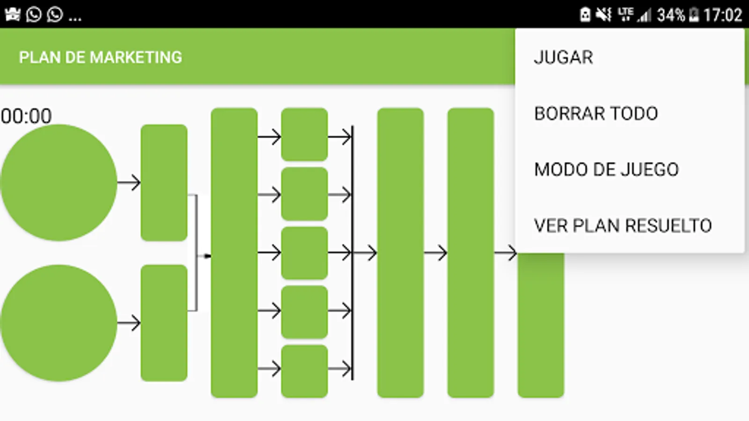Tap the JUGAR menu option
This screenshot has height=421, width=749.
[x=563, y=58]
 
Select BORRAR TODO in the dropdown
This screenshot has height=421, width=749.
[x=595, y=114]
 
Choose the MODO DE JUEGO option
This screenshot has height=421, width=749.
[x=606, y=169]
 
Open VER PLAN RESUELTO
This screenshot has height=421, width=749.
[x=622, y=225]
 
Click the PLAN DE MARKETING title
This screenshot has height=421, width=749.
[x=100, y=57]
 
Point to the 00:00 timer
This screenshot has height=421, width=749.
[x=26, y=116]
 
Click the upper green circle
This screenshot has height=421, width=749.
[x=59, y=182]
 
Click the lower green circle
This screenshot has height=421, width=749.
[x=59, y=323]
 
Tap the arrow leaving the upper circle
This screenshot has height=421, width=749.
[x=129, y=182]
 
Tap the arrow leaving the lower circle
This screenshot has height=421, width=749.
[x=129, y=323]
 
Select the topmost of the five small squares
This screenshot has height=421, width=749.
[x=304, y=134]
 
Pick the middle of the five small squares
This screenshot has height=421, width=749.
[x=304, y=253]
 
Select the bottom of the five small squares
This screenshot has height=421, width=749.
[x=304, y=371]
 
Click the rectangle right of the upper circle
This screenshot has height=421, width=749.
[x=164, y=182]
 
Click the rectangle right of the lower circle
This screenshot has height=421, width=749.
[x=164, y=323]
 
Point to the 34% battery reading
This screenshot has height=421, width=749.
[x=670, y=15]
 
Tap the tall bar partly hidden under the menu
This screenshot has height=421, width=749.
[x=541, y=327]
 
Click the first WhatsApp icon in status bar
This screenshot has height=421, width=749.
[x=34, y=15]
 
